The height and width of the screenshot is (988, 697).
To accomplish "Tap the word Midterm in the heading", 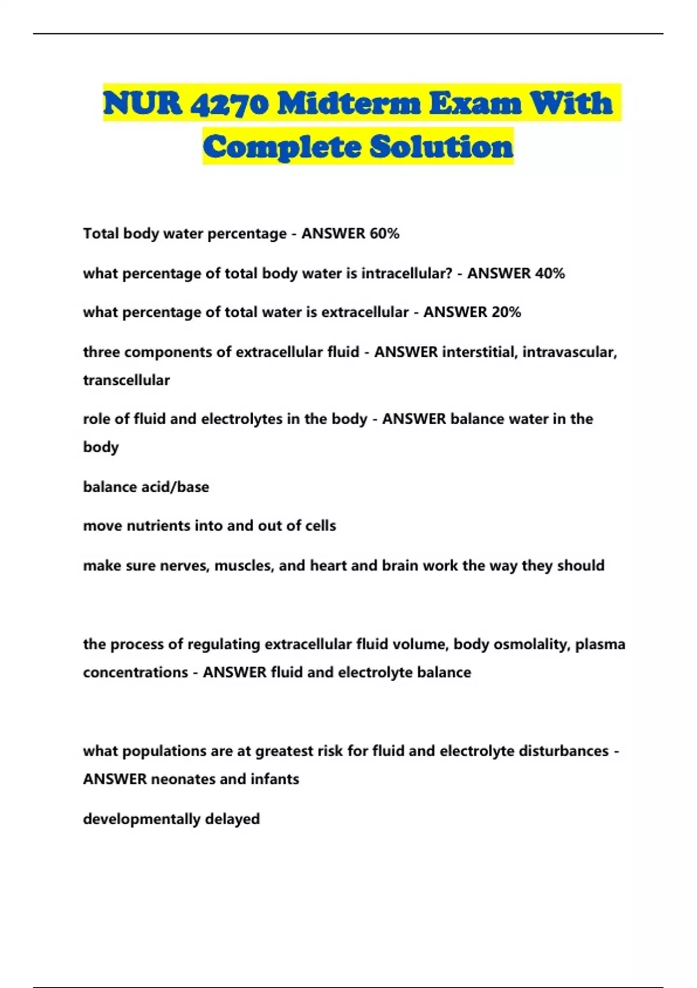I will pos(348,103).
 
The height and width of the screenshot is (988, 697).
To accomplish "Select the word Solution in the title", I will pos(441,146).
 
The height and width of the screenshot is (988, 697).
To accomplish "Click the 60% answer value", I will pos(385,234).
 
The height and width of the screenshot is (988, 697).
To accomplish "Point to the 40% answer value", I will pos(549,273).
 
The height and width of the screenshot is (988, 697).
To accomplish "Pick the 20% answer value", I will pos(506,312).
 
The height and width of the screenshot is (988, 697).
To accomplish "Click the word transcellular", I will pos(127,380).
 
